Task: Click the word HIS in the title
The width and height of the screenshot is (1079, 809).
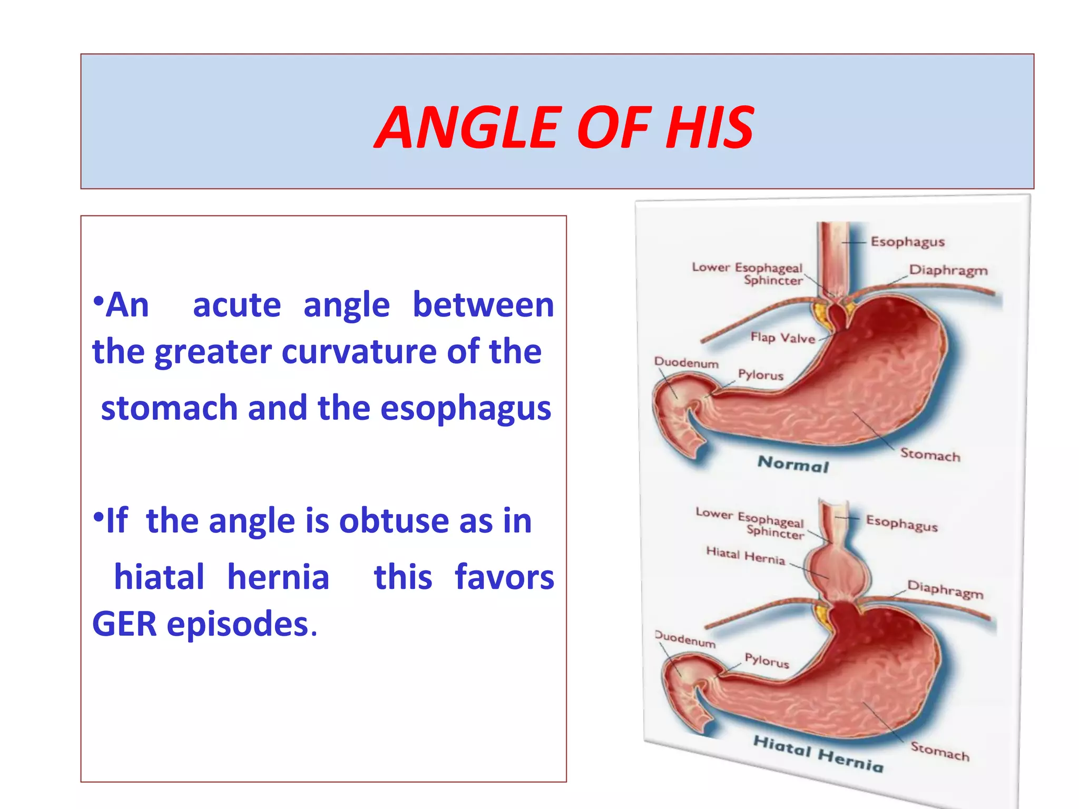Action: (x=709, y=127)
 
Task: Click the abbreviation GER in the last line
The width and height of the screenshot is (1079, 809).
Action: (x=124, y=624)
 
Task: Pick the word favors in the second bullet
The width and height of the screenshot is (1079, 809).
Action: (x=504, y=577)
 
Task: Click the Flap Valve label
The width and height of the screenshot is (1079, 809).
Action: (x=782, y=338)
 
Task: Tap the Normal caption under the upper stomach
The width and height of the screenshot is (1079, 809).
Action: (x=793, y=464)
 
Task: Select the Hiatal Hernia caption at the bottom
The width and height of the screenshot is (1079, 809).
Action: (x=818, y=754)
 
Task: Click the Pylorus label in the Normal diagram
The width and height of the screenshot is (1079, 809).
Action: (x=760, y=375)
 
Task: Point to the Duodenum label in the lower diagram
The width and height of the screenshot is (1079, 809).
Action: (x=685, y=639)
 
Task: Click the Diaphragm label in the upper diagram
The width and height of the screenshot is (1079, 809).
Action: (x=948, y=270)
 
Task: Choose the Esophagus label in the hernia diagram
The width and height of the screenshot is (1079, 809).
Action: (x=901, y=524)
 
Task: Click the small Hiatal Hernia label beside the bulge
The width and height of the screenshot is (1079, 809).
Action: (x=745, y=555)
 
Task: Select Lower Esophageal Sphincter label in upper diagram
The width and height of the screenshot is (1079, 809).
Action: (x=749, y=273)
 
